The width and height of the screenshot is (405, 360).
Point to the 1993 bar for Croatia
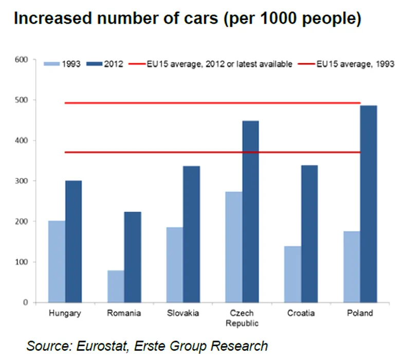point(293,274)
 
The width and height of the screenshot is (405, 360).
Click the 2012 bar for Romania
point(133,257)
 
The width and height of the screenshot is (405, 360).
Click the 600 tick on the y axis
point(21,60)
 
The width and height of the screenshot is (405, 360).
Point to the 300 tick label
point(21,181)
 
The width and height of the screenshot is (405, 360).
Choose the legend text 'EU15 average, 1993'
point(355,64)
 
